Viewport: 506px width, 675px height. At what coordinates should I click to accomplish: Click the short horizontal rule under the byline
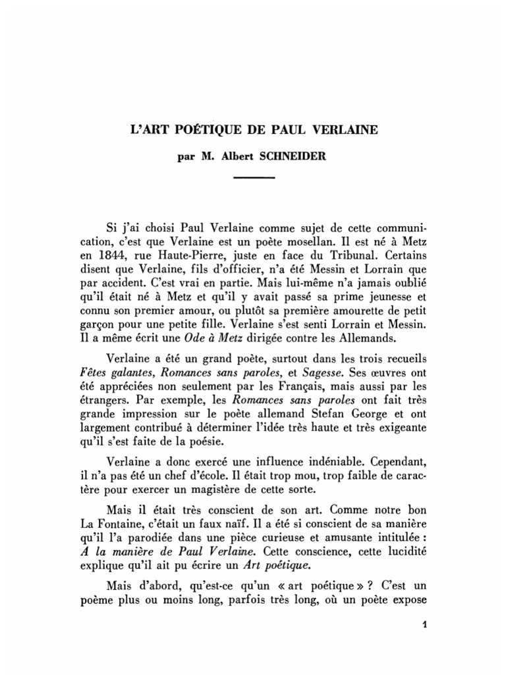click(x=254, y=178)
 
